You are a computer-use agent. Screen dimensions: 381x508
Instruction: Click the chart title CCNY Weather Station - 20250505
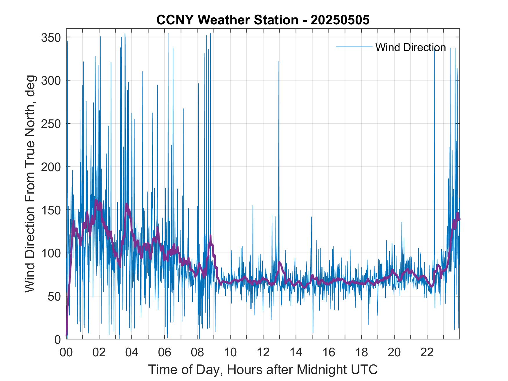(263, 20)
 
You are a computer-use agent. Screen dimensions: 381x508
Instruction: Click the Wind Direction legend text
(410, 47)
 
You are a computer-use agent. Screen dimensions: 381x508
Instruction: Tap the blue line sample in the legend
(354, 47)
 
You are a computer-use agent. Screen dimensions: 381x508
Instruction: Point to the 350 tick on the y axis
(51, 37)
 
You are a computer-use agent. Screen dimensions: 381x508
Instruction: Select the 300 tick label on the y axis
(51, 80)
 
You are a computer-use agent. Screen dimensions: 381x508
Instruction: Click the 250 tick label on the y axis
(51, 124)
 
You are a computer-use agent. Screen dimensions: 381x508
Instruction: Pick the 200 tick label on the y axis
(51, 167)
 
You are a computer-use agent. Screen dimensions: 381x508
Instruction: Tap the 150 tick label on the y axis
(51, 210)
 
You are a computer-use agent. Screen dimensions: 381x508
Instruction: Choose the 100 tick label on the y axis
(51, 253)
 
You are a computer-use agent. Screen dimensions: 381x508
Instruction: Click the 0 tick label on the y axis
(57, 340)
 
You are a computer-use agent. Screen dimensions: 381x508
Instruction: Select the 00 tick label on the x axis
(66, 353)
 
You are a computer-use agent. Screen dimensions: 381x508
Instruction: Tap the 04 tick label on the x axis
(132, 353)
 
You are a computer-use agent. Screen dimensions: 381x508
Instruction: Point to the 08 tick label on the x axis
(197, 353)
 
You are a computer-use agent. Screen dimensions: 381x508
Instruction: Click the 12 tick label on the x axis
(263, 353)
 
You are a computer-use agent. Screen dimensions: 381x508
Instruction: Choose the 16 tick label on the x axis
(329, 353)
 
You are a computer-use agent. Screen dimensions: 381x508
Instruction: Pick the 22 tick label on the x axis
(427, 353)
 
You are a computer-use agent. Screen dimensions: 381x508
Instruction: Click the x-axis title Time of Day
(263, 369)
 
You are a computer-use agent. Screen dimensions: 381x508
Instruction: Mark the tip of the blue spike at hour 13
(279, 62)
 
